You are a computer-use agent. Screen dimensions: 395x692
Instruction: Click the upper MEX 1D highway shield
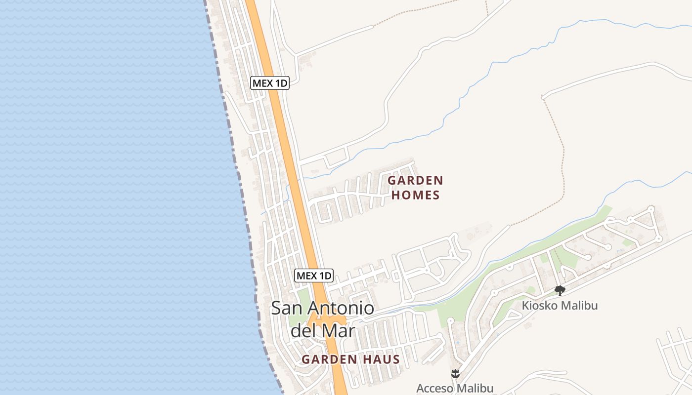pyautogui.click(x=269, y=83)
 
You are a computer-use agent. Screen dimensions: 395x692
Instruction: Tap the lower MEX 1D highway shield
pyautogui.click(x=314, y=276)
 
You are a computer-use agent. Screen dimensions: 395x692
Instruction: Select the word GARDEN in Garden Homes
pyautogui.click(x=415, y=180)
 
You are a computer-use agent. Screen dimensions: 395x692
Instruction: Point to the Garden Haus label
pyautogui.click(x=350, y=359)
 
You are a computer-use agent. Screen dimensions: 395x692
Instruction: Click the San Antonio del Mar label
pyautogui.click(x=322, y=319)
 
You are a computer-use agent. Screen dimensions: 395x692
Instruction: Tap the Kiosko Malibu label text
pyautogui.click(x=560, y=306)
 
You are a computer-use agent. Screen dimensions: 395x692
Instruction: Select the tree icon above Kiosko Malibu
pyautogui.click(x=560, y=290)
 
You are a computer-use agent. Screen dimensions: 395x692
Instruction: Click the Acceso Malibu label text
pyautogui.click(x=455, y=388)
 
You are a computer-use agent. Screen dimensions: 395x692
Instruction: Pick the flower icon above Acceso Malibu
pyautogui.click(x=455, y=373)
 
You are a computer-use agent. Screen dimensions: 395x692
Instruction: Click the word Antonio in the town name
pyautogui.click(x=341, y=309)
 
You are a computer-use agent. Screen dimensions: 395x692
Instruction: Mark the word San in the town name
pyautogui.click(x=286, y=309)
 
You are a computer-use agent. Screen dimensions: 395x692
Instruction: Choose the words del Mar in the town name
pyautogui.click(x=322, y=330)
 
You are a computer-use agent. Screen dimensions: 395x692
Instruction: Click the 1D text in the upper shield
pyautogui.click(x=280, y=83)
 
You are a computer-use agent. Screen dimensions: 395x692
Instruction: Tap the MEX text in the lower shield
pyautogui.click(x=306, y=276)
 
